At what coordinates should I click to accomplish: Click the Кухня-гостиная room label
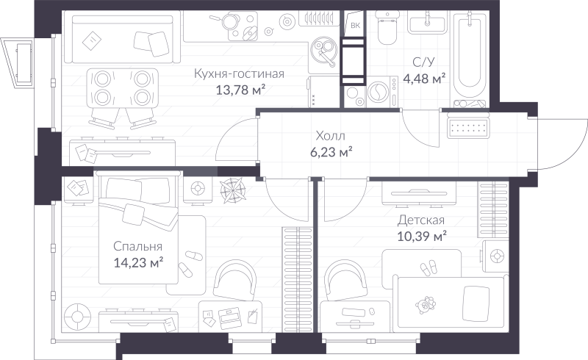(239, 73)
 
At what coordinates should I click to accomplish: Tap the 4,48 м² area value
(424, 79)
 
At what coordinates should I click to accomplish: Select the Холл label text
(330, 135)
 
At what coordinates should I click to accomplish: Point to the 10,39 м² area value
(421, 237)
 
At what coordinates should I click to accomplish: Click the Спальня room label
(138, 246)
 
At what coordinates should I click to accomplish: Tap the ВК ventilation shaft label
(355, 26)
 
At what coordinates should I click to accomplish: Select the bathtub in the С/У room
(470, 57)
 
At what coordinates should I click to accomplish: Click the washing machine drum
(379, 92)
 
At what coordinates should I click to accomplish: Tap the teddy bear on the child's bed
(426, 305)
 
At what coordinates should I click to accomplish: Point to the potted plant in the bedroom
(233, 190)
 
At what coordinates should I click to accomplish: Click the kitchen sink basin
(323, 48)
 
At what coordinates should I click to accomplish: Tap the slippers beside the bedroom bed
(190, 262)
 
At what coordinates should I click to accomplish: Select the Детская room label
(420, 220)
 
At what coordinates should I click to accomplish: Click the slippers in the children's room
(429, 268)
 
